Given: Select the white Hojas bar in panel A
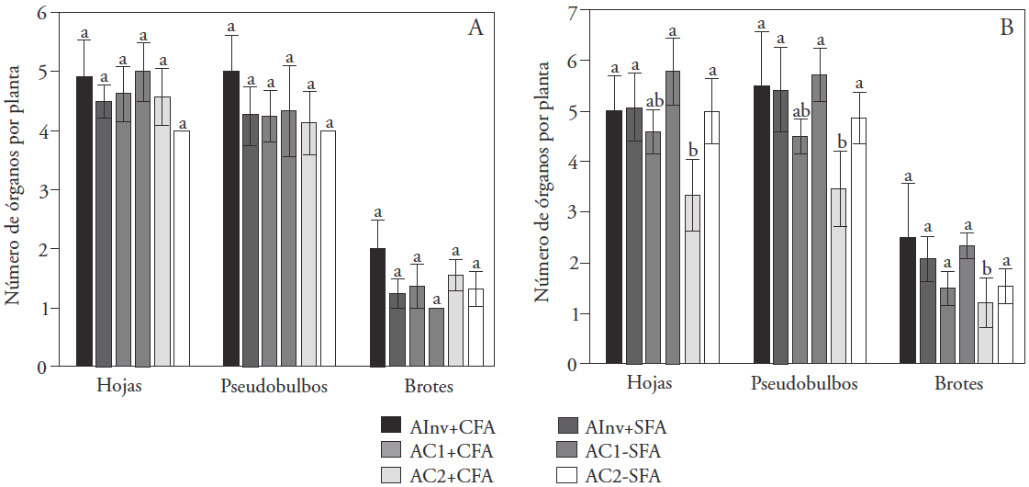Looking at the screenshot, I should pos(182,248).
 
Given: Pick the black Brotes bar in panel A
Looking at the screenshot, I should pos(377,307).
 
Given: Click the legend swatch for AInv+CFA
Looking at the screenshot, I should pos(391,426).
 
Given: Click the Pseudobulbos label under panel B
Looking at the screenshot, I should pos(804,384).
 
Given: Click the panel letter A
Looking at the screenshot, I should pos(475,28).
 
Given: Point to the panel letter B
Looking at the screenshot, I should pos(1006,28).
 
